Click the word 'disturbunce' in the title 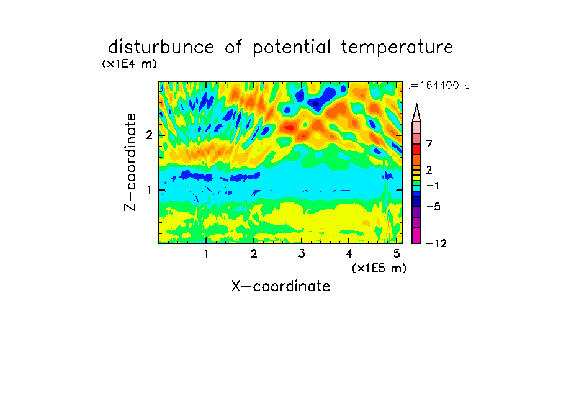[x=161, y=47]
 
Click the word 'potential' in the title [x=292, y=48]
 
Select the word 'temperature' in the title [x=397, y=48]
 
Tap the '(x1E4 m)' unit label [x=129, y=64]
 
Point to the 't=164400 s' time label [x=438, y=85]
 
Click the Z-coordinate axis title [x=130, y=162]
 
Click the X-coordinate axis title [x=280, y=286]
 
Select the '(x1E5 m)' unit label [x=379, y=268]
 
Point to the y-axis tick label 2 [x=149, y=135]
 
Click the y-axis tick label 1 [x=149, y=190]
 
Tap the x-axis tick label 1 [x=206, y=254]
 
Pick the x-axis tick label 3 [x=302, y=254]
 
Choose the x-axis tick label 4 [x=349, y=254]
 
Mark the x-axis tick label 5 [x=397, y=254]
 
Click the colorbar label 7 [x=429, y=144]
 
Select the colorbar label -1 [x=433, y=186]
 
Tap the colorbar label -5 [x=433, y=207]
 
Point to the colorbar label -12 [x=436, y=243]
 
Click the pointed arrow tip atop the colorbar [x=416, y=104]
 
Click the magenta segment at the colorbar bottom [x=416, y=236]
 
